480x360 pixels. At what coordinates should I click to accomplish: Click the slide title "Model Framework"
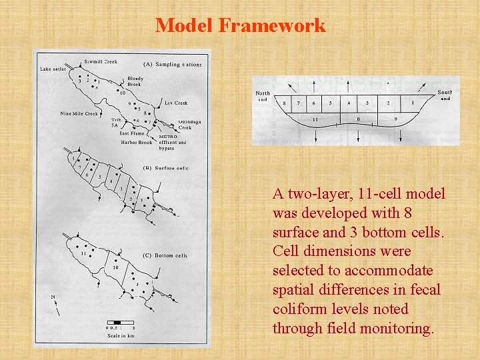click(240, 26)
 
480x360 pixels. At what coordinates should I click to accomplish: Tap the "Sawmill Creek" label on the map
click(101, 61)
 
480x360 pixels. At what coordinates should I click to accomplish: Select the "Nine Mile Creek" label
click(79, 113)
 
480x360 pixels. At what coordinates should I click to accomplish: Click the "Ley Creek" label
click(176, 103)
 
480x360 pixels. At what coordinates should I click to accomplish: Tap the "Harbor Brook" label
click(137, 142)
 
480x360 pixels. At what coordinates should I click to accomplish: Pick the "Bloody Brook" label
click(135, 81)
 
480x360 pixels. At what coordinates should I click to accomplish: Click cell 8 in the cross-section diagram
click(285, 103)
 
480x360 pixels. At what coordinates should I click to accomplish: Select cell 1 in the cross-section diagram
click(413, 103)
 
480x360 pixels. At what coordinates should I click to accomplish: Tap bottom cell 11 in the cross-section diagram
click(315, 119)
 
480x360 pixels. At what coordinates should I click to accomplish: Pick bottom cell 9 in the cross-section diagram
click(396, 119)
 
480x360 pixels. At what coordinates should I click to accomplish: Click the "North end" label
click(263, 96)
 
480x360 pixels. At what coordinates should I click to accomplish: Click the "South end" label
click(445, 95)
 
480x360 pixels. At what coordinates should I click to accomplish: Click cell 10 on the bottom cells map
click(115, 267)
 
